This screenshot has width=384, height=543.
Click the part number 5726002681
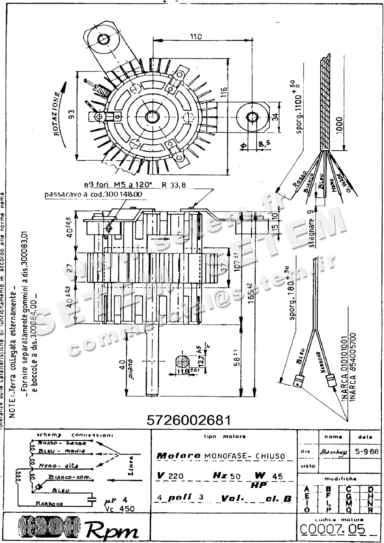(x=188, y=420)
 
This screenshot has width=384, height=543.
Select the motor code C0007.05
(x=332, y=530)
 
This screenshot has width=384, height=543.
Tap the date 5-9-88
(x=367, y=451)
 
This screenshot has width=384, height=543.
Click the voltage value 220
(x=176, y=476)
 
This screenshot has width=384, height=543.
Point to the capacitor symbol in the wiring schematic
(x=92, y=500)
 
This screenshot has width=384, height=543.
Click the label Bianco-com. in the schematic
(x=69, y=477)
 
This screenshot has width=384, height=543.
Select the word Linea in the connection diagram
(x=131, y=466)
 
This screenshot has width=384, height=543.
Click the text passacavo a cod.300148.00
(x=93, y=194)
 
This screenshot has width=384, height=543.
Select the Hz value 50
(x=235, y=476)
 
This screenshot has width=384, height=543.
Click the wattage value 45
(x=277, y=476)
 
